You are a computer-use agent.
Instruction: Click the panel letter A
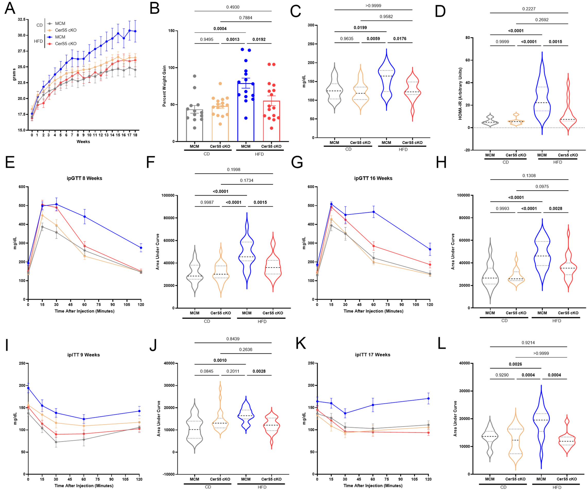10,8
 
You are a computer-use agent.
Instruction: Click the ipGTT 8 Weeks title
84,178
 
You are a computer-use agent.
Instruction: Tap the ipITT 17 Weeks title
373,355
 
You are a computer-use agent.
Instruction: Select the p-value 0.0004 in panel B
220,29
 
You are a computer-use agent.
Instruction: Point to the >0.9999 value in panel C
373,6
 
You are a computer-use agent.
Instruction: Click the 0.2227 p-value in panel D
529,9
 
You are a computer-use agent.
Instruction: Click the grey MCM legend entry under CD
60,23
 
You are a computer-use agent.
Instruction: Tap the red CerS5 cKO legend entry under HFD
65,43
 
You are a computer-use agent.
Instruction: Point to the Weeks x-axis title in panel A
83,141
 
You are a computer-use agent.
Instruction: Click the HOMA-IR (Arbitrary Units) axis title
460,94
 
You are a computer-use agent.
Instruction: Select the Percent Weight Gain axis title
164,86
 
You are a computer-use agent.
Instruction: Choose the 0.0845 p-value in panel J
206,371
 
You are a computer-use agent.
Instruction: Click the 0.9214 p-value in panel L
528,343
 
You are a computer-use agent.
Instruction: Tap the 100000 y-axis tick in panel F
168,195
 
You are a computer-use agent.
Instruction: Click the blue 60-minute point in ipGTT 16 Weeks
374,212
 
